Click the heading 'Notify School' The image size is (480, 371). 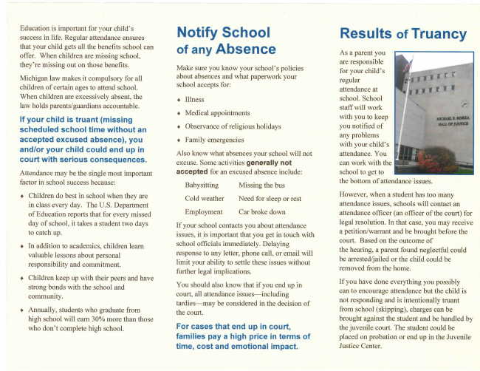(224, 33)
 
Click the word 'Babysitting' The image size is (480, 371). (202, 185)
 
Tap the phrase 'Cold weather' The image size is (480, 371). (204, 198)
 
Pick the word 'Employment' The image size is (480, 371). (203, 211)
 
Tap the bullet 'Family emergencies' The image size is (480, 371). (214, 139)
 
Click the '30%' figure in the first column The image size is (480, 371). (96, 319)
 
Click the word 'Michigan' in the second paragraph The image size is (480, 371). (35, 78)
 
